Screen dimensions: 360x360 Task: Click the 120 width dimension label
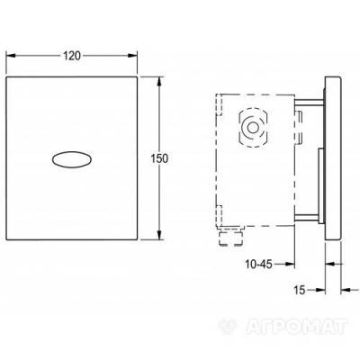point(74,57)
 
